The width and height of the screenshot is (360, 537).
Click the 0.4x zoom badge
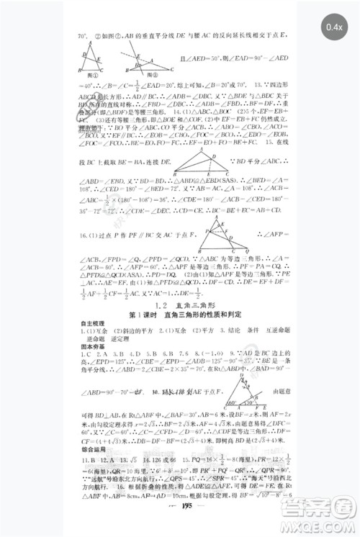tap(333, 27)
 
